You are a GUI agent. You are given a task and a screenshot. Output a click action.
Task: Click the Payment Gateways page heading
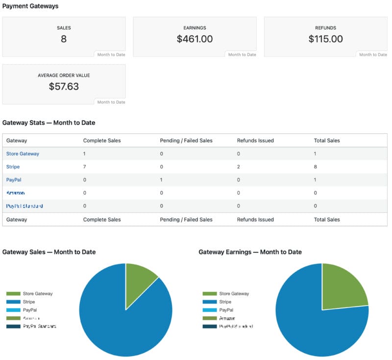tap(30, 6)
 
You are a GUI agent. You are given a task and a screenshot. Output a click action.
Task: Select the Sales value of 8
tap(64, 39)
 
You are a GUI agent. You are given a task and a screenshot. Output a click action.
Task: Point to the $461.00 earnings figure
tap(195, 39)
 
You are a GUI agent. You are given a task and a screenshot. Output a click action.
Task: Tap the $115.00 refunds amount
tap(325, 39)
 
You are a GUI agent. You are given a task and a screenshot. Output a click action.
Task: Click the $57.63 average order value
tap(64, 86)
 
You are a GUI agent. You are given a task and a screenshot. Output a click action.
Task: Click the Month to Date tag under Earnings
tap(242, 54)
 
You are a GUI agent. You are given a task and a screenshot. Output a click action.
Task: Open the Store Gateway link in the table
tap(23, 154)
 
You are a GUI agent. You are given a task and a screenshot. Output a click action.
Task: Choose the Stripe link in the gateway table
tap(13, 167)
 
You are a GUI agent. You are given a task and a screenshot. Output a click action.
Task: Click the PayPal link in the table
tap(14, 180)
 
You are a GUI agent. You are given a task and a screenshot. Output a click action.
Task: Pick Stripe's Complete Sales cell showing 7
tap(85, 167)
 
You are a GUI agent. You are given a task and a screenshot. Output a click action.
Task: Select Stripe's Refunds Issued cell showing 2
tap(239, 167)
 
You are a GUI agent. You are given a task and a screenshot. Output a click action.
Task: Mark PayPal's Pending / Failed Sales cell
tap(162, 180)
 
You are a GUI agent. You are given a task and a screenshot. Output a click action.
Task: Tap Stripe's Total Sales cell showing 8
tap(316, 167)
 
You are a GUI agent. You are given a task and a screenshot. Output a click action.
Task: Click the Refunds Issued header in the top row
tap(255, 140)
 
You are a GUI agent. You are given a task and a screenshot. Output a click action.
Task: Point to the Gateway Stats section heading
tap(49, 123)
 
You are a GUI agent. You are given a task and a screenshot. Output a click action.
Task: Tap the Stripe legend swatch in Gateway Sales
tap(13, 302)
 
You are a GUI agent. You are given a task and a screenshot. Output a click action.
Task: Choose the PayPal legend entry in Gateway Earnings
tap(226, 310)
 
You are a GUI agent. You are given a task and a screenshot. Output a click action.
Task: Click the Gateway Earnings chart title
tap(250, 252)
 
